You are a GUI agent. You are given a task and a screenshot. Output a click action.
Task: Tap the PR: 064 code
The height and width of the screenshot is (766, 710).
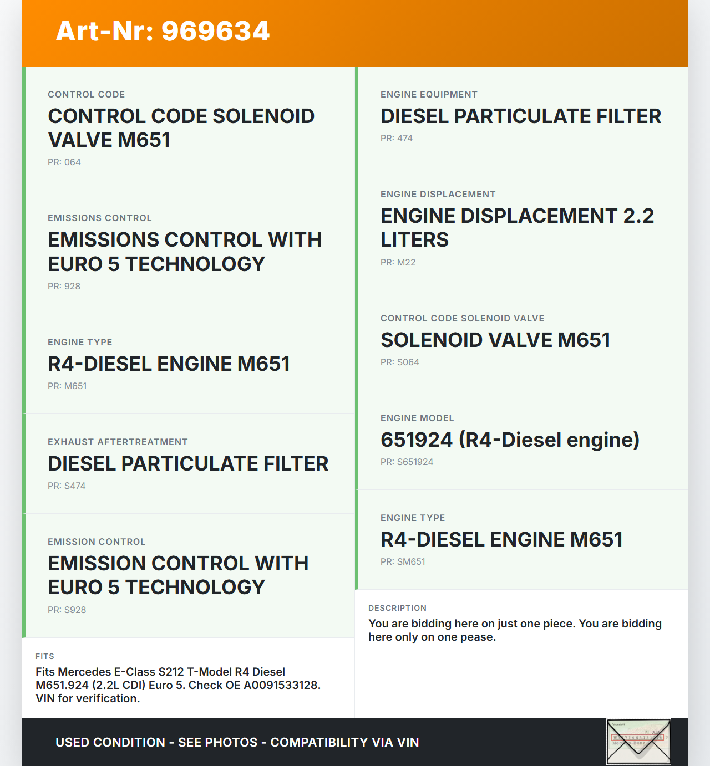click(x=64, y=162)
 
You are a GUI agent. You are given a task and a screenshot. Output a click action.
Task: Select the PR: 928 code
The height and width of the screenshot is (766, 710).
click(x=64, y=287)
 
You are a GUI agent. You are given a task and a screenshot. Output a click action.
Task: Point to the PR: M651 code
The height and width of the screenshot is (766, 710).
click(x=67, y=386)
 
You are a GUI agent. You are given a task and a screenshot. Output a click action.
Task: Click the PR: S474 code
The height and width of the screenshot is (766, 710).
click(x=67, y=486)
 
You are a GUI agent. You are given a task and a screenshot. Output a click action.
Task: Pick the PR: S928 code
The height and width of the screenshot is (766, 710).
click(x=67, y=610)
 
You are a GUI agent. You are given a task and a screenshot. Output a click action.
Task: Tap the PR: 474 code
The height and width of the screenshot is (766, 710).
click(x=397, y=139)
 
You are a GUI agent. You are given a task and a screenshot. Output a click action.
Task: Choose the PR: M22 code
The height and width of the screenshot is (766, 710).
click(x=398, y=263)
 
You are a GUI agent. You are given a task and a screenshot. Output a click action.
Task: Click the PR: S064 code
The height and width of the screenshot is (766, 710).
click(x=400, y=362)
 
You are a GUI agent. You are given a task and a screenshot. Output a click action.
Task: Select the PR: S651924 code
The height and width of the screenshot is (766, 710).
click(x=407, y=462)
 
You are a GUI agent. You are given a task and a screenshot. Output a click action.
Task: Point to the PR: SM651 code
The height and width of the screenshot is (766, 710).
click(x=403, y=562)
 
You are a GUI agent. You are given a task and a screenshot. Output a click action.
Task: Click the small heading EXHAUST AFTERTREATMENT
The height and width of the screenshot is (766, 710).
click(x=118, y=442)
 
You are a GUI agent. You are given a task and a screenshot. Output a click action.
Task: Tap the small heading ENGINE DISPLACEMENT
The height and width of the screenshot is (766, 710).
click(x=438, y=195)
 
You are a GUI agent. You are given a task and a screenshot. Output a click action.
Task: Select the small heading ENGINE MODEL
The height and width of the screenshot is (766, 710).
click(x=417, y=418)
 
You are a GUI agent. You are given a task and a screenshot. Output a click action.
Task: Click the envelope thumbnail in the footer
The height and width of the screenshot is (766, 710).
click(x=638, y=742)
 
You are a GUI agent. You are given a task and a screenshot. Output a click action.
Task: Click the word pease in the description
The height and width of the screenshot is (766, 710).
click(x=478, y=637)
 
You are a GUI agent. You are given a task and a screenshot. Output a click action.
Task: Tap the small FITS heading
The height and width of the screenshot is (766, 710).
click(x=45, y=656)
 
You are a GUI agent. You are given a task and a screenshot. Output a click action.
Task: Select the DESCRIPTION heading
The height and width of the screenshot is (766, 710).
click(x=398, y=608)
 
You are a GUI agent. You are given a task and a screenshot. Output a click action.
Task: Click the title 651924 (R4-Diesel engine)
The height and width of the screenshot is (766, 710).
click(x=510, y=440)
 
